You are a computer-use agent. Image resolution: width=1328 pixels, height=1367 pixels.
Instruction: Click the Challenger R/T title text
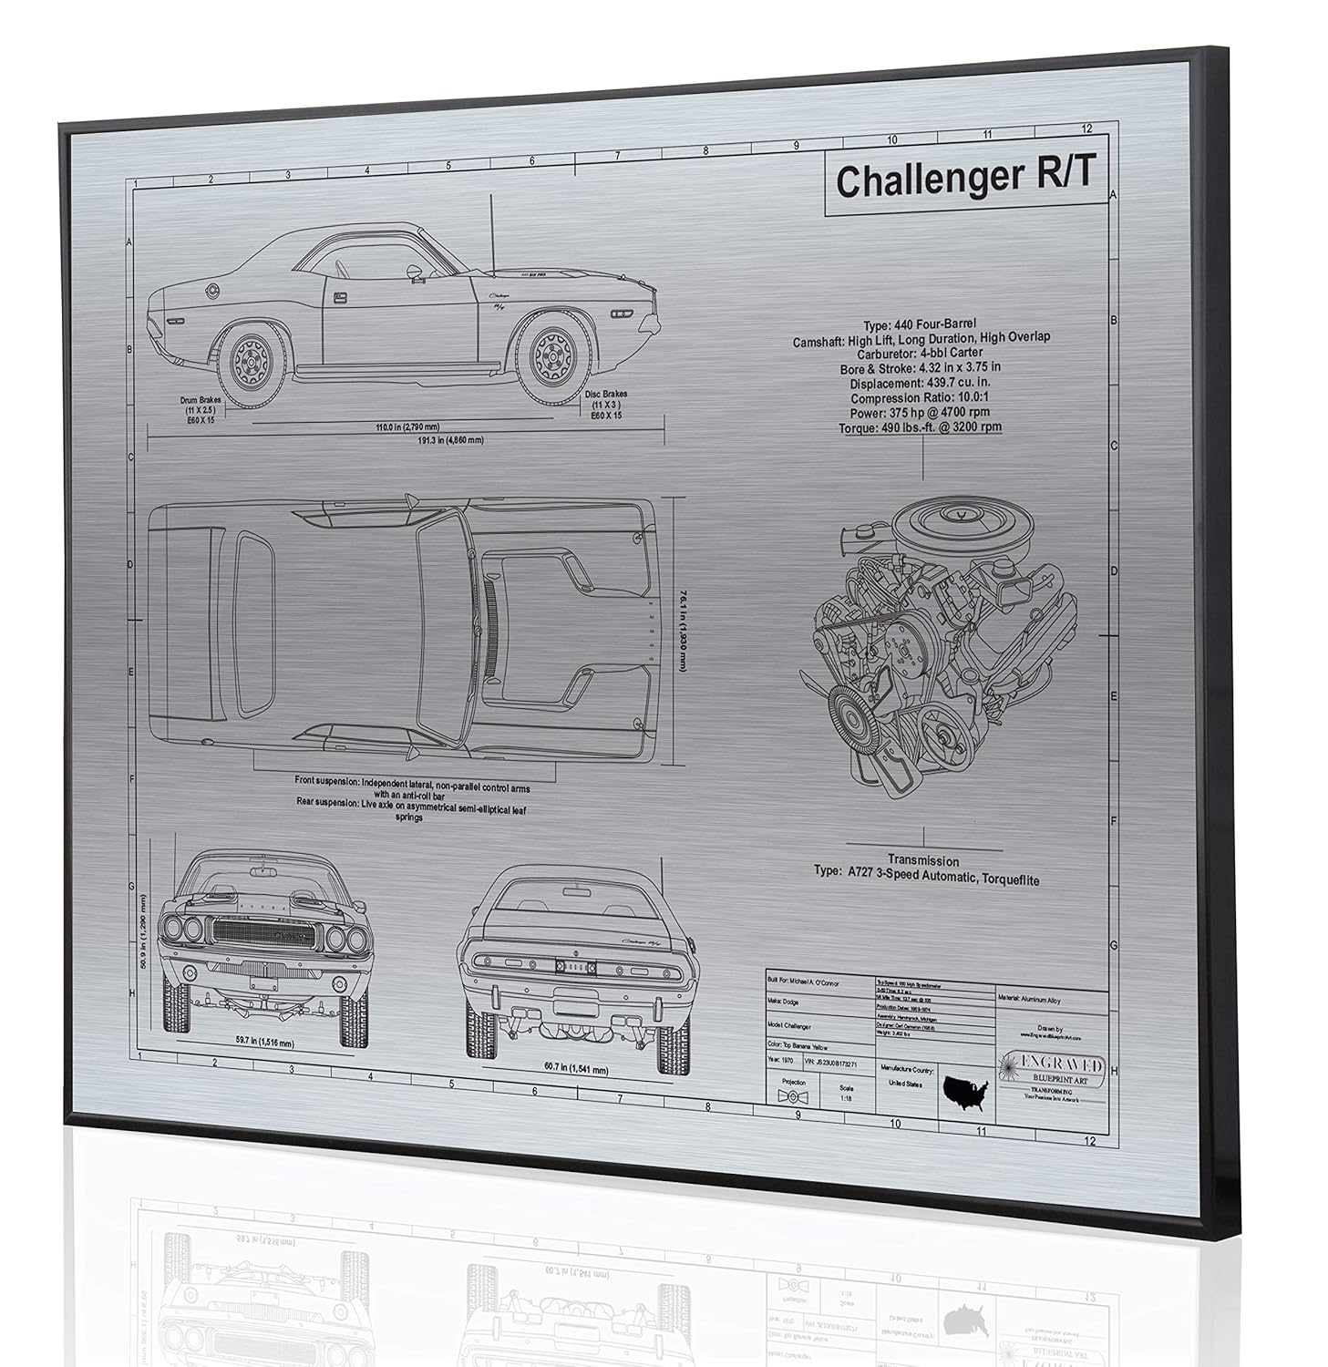click(x=964, y=180)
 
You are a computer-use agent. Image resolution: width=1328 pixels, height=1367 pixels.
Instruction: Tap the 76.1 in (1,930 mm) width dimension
click(x=682, y=630)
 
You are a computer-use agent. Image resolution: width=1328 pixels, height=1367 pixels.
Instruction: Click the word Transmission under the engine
click(x=923, y=860)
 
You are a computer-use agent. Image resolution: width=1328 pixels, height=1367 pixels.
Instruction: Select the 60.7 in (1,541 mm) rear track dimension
click(x=562, y=1070)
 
